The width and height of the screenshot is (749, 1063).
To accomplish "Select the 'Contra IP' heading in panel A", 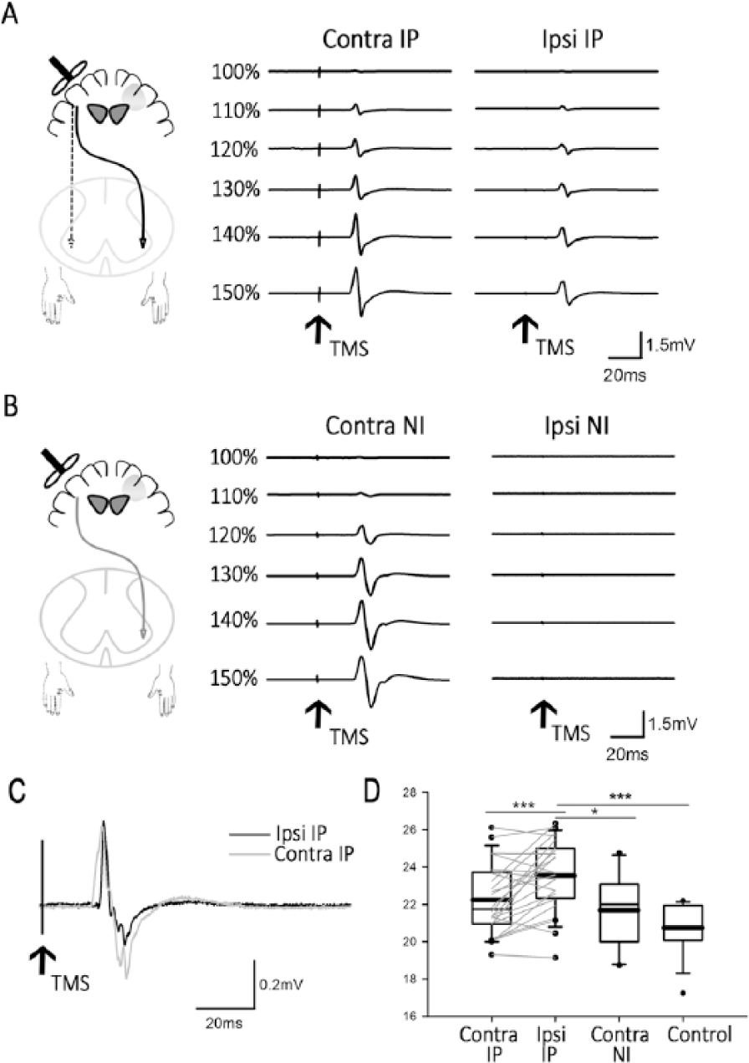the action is (x=371, y=39).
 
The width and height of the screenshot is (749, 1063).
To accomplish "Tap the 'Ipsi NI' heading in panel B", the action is (x=576, y=426).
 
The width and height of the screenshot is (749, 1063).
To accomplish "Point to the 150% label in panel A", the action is (x=236, y=293).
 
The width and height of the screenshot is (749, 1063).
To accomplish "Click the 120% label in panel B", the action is (x=233, y=535).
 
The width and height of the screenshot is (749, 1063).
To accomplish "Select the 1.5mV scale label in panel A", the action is (x=670, y=345).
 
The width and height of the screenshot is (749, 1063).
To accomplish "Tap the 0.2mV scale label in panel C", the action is (x=281, y=984).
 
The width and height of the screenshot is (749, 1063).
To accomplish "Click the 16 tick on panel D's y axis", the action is (x=410, y=1015).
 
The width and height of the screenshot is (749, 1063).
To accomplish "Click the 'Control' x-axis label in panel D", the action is (x=699, y=1034).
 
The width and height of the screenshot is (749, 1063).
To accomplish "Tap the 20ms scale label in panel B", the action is (x=627, y=754).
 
